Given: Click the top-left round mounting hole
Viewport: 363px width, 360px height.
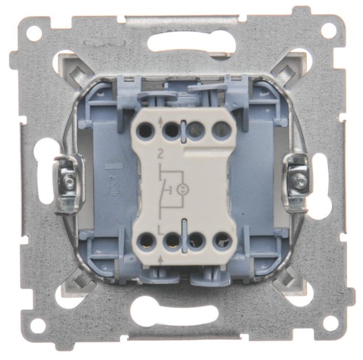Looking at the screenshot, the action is pyautogui.click(x=34, y=32).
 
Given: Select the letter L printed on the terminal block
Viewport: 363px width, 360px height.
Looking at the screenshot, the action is pyautogui.click(x=160, y=229).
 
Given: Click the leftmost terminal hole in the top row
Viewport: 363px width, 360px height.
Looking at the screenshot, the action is pyautogui.click(x=145, y=131).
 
